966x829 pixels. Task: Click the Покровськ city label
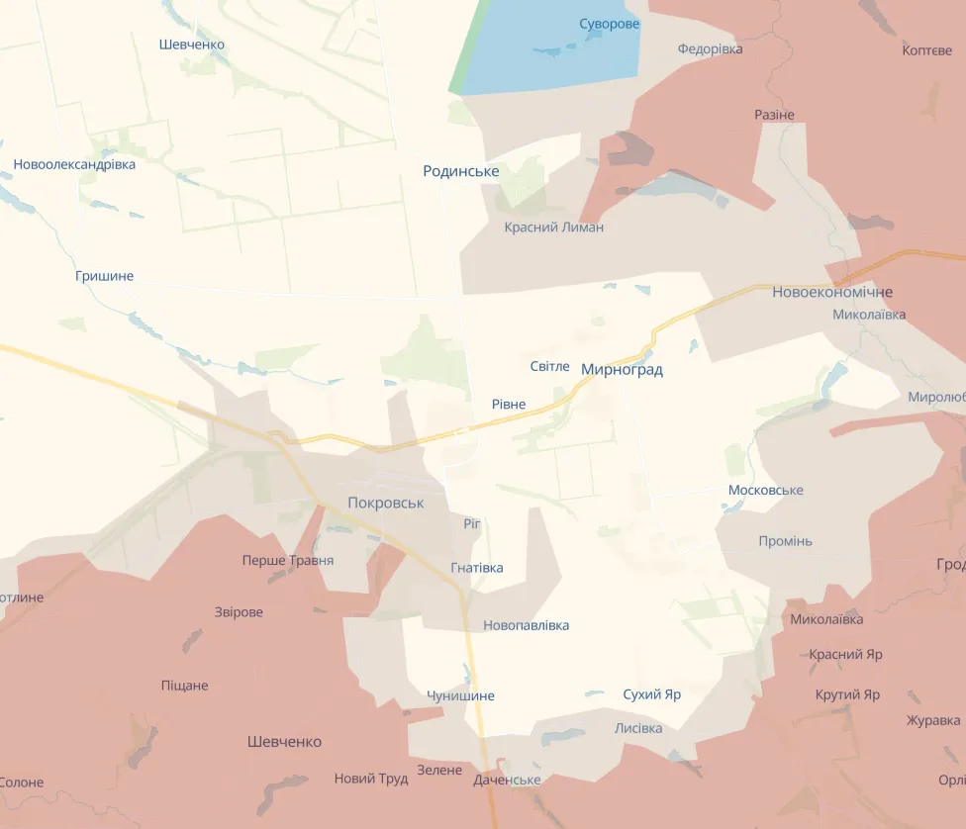385,503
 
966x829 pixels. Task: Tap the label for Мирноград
622,370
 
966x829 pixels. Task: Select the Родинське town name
460,171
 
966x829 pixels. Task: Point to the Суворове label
610,23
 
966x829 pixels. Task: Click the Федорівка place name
710,48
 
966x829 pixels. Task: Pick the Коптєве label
927,50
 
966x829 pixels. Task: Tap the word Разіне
774,115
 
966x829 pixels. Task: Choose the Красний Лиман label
553,228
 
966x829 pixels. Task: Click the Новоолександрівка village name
74,164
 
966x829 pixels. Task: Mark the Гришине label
104,276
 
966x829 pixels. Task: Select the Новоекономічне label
832,292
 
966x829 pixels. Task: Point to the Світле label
549,366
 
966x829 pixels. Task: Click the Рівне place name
508,404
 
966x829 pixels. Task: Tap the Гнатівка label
476,568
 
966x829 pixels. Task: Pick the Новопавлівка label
526,625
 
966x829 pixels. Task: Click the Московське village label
765,491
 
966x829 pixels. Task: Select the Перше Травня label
287,560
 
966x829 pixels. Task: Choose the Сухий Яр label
651,694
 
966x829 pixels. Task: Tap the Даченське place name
507,780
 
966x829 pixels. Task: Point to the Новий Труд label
370,779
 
